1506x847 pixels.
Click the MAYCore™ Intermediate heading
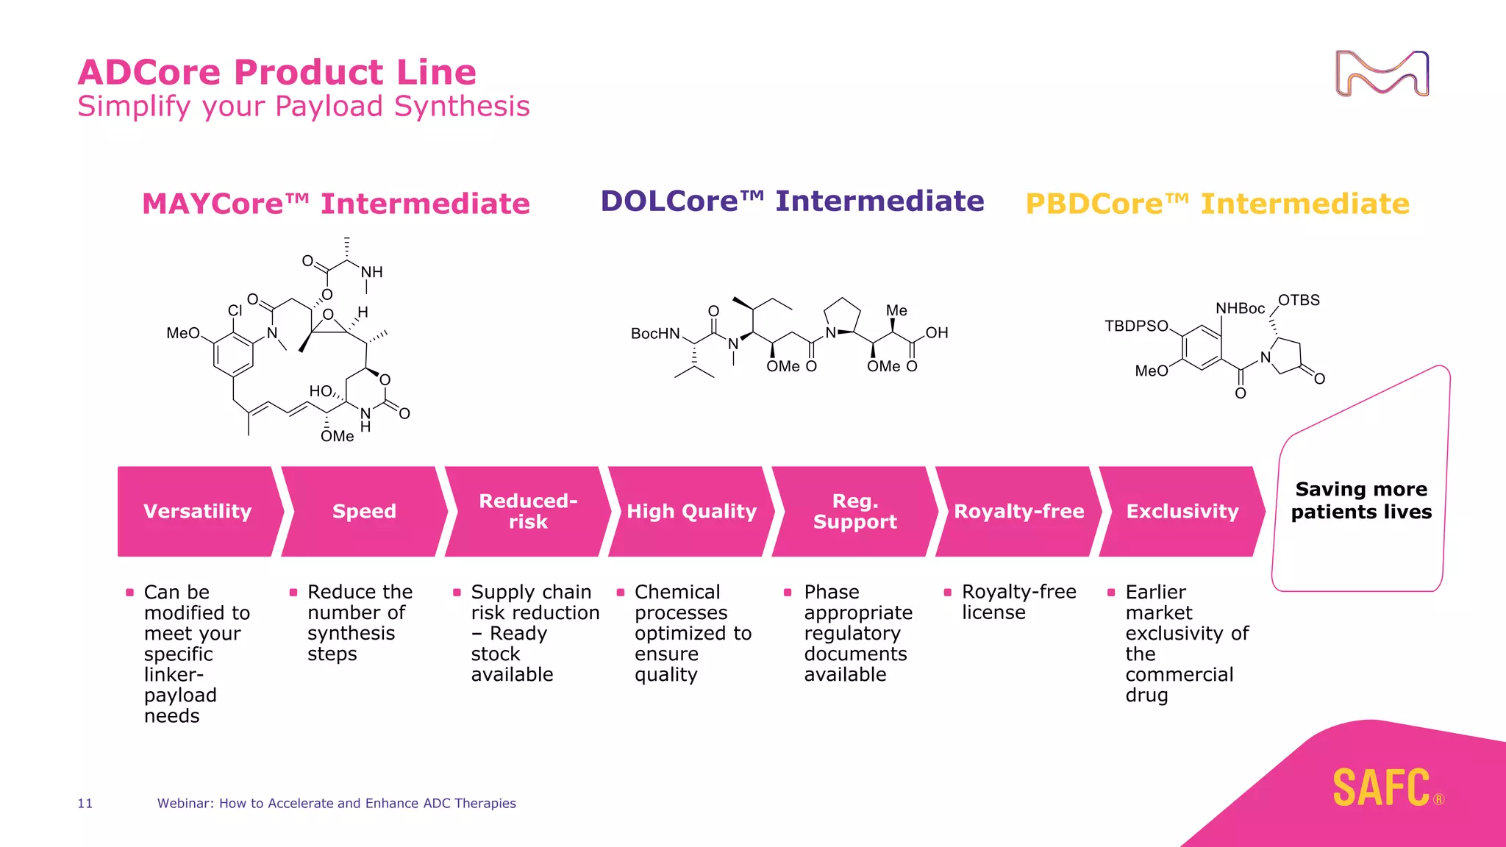pos(335,204)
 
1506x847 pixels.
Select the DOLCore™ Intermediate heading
pos(792,201)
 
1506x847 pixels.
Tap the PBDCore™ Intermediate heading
pos(1217,204)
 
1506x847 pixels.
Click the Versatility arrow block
pos(197,511)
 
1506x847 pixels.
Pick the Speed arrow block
pos(364,511)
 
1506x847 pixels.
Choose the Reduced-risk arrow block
pos(528,511)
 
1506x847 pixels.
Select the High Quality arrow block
pos(691,511)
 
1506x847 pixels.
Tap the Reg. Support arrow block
pos(854,511)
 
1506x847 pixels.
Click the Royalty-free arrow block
pos(1018,511)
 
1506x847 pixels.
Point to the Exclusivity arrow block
pos(1182,511)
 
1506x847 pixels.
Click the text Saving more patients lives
pos(1361,500)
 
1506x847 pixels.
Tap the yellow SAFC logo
pos(1382,787)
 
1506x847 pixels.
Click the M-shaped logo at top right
pos(1382,74)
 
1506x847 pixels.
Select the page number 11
pos(85,803)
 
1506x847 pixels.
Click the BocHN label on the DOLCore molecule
pos(655,334)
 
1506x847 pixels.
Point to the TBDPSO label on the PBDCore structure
pos(1136,326)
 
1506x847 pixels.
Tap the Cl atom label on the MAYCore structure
pos(235,310)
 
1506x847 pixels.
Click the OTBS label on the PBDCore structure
pos(1299,300)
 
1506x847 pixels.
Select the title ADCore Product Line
pos(277,72)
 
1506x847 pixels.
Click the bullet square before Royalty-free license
pos(948,592)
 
